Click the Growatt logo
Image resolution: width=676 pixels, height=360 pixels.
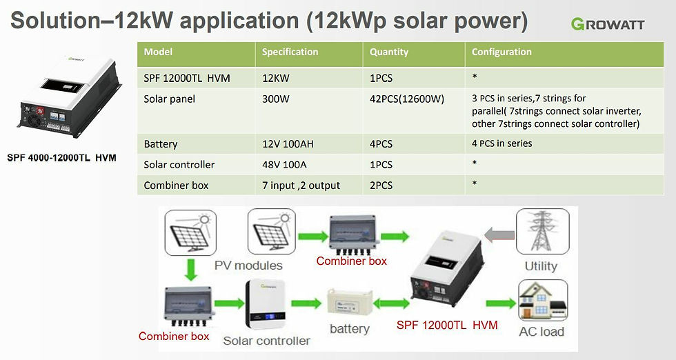(x=608, y=24)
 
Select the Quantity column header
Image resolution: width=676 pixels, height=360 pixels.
(x=389, y=52)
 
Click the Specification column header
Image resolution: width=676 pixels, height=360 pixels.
(x=290, y=52)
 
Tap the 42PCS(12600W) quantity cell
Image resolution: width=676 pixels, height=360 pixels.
(x=406, y=99)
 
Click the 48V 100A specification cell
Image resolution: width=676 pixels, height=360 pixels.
(x=285, y=165)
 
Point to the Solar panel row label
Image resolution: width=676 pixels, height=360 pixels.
(x=169, y=99)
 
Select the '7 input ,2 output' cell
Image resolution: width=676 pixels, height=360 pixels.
(x=301, y=186)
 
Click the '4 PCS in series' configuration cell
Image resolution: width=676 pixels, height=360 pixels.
(x=501, y=143)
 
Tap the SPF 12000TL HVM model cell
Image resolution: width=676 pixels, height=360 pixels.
(x=187, y=79)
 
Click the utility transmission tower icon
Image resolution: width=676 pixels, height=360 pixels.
(x=541, y=233)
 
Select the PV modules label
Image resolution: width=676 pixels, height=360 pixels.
(x=248, y=266)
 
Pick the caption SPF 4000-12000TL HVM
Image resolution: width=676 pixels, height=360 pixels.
(x=61, y=158)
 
